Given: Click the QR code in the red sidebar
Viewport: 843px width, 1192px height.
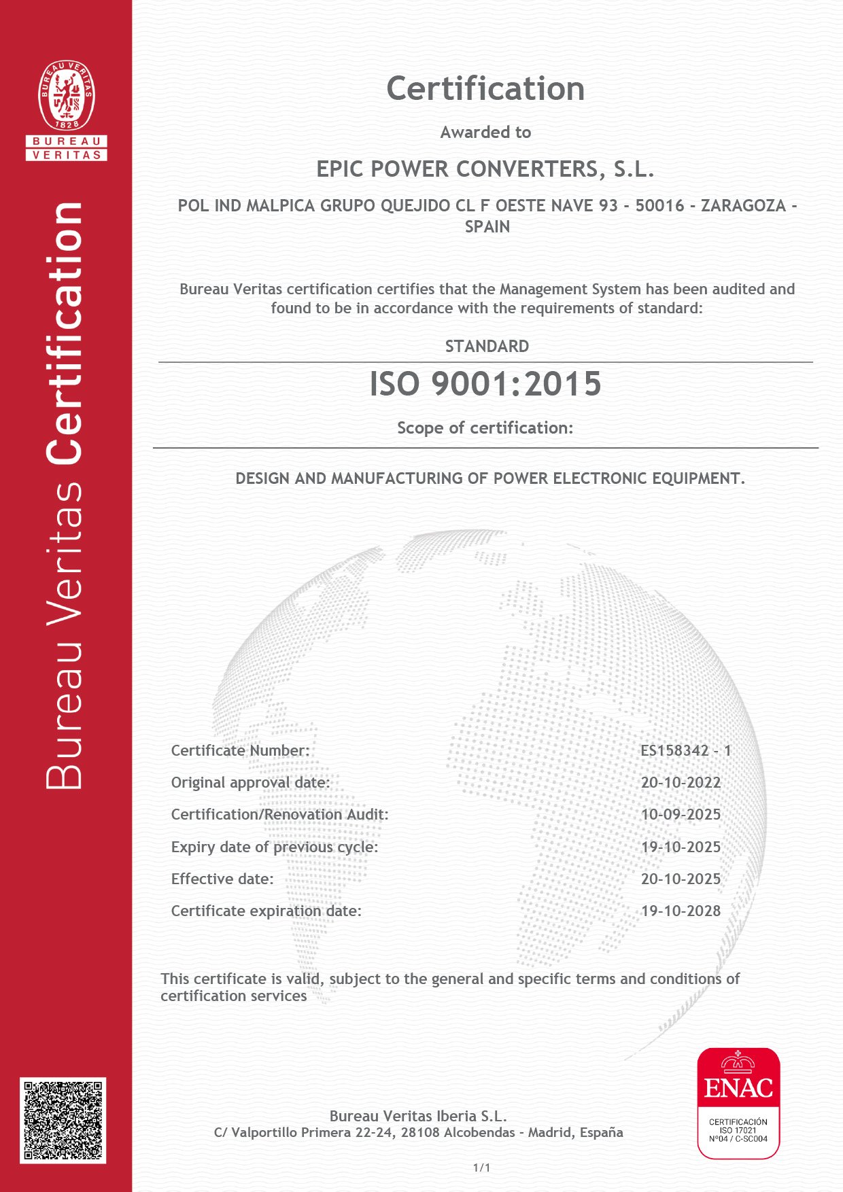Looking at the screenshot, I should coord(63,1119).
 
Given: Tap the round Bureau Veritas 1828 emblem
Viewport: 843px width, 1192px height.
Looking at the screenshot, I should coord(67,95).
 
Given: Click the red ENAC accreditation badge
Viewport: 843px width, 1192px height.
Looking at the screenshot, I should coord(738,1103).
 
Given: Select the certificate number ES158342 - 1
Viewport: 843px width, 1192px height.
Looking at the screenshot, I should coord(685,751).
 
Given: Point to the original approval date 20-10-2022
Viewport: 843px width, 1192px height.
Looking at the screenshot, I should coord(681,783).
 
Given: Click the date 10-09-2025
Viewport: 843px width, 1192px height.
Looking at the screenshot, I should coord(681,815).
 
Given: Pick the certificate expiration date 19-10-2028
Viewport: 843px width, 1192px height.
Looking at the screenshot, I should coord(681,911).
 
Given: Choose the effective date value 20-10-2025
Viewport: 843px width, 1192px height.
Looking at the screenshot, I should coord(681,879).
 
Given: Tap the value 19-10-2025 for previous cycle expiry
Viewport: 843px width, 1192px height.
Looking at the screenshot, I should coord(681,847).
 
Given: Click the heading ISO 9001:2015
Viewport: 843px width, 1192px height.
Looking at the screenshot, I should coord(485,384).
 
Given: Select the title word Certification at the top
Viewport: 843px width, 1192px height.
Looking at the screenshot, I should coord(485,89).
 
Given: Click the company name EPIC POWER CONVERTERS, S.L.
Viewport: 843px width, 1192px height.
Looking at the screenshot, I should coord(485,169).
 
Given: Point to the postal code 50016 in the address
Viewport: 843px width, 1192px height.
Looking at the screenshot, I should coord(659,206).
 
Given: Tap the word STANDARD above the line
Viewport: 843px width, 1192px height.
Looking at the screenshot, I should coord(487,347).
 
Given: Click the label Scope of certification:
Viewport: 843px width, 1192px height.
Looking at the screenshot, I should coord(485,428).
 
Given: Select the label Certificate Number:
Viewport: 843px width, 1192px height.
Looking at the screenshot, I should coord(240,751).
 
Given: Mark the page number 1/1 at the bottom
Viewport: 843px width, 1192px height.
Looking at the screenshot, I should coord(481,1168).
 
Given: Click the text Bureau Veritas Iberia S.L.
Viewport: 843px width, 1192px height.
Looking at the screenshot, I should coord(418,1116).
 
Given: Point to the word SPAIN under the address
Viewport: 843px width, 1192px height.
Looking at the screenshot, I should coord(487,227).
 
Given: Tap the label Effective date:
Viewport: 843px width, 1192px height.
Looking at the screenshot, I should coord(222,879).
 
